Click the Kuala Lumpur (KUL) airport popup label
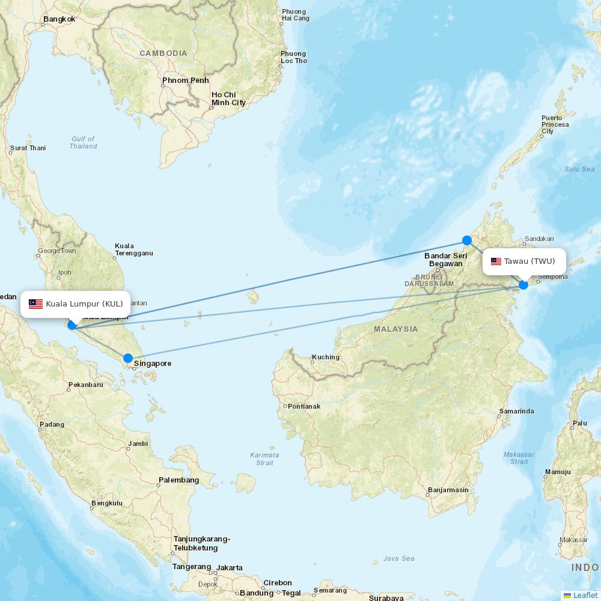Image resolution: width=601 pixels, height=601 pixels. click(x=76, y=304)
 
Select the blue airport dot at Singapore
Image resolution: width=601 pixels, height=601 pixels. click(x=128, y=358)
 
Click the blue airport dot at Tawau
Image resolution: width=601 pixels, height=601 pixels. click(x=523, y=284)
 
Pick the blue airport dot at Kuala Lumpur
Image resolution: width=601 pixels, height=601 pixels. click(x=72, y=325)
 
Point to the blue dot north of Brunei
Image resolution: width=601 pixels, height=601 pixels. click(x=467, y=240)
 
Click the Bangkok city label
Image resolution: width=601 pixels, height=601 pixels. click(x=59, y=19)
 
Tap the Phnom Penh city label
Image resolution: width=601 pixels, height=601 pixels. click(x=185, y=81)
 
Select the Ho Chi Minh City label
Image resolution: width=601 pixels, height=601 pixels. click(x=228, y=99)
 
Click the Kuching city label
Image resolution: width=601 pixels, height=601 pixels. click(x=325, y=357)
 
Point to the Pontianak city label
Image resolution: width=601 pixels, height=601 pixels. click(x=304, y=406)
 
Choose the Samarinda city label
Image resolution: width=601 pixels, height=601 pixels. click(x=516, y=412)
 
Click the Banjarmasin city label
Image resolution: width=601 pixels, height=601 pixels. click(x=448, y=490)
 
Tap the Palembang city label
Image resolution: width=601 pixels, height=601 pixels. click(x=178, y=480)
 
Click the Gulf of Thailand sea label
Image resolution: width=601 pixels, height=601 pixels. click(x=83, y=142)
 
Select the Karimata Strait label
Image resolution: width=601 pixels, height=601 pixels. click(x=264, y=459)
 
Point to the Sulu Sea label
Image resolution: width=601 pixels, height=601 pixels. click(x=579, y=169)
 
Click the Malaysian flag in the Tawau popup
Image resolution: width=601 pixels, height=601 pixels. click(x=496, y=261)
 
